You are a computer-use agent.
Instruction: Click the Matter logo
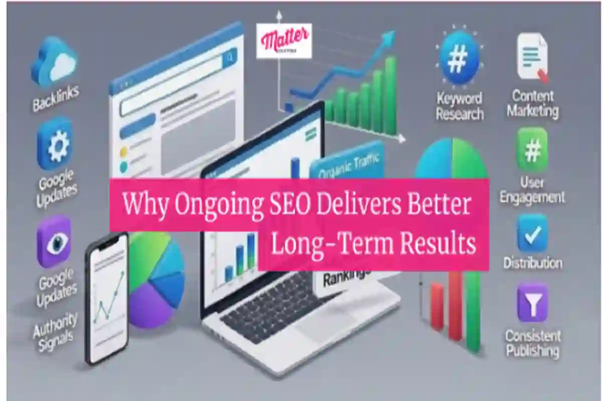(283, 40)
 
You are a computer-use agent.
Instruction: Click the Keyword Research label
(459, 106)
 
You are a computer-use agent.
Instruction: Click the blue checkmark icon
(532, 233)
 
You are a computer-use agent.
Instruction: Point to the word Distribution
(533, 263)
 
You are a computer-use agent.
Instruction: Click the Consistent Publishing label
(533, 343)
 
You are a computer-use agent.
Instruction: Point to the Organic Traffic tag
(346, 165)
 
